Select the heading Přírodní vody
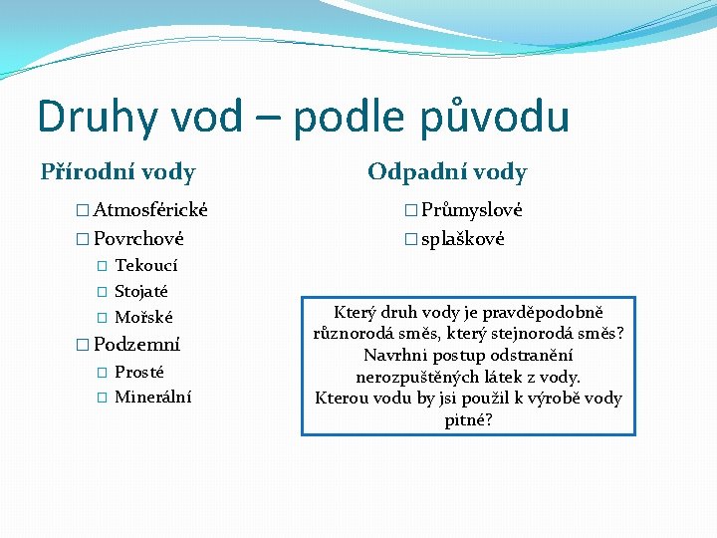(118, 172)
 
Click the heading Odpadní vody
(447, 172)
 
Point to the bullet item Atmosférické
(149, 210)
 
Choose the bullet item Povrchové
(138, 239)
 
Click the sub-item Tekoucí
(146, 265)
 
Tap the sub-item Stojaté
(141, 292)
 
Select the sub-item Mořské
(143, 318)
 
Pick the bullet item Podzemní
(136, 345)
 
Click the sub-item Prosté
(139, 372)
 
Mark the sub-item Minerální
(152, 398)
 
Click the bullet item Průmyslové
(471, 210)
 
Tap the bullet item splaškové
(462, 239)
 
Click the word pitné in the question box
(465, 420)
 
